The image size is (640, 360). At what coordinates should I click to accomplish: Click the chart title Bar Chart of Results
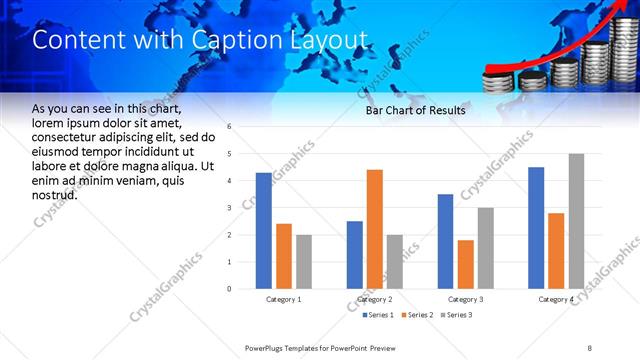[x=415, y=111]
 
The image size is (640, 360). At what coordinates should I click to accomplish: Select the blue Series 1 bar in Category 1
[x=263, y=231]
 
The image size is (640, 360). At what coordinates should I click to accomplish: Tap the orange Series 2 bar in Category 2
[x=375, y=229]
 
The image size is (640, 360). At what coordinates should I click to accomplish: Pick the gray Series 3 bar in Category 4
[x=576, y=221]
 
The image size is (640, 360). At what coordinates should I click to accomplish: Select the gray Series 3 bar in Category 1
[x=303, y=262]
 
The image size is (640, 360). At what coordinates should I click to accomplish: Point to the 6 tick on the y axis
[x=230, y=127]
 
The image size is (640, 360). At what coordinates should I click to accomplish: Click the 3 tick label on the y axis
[x=230, y=208]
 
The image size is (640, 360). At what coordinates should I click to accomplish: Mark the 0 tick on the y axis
[x=230, y=289]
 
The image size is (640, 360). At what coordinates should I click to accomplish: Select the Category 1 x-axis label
[x=283, y=299]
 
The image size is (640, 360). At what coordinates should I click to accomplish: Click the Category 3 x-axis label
[x=464, y=299]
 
